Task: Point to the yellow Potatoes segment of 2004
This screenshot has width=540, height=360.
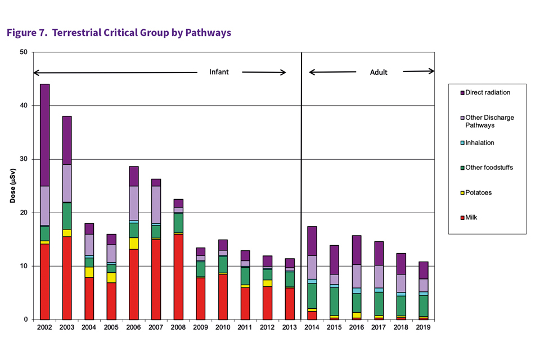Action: point(89,272)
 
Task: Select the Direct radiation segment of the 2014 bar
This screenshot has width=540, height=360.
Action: point(312,241)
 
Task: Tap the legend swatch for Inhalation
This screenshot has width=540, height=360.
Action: point(461,143)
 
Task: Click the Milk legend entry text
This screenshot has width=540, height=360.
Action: point(471,217)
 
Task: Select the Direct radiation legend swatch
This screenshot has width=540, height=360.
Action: point(461,92)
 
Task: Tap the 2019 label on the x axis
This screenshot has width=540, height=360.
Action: point(424,327)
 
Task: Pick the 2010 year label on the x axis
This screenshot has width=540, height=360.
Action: point(223,327)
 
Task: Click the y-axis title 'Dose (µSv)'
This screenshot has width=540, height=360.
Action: point(13,185)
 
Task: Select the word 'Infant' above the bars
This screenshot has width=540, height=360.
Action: point(219,72)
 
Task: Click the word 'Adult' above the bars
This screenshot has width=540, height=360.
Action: point(379,72)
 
